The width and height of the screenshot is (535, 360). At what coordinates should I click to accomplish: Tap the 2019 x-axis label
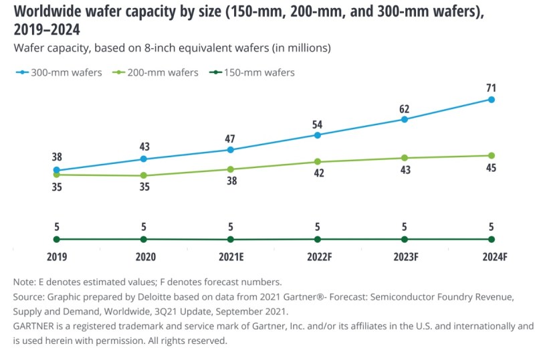pos(56,256)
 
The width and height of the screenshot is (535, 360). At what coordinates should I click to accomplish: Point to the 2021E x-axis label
pos(230,256)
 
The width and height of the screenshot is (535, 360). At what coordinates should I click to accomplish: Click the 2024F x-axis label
pos(491,256)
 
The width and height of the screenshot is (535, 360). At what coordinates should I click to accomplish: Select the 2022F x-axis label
pos(317,256)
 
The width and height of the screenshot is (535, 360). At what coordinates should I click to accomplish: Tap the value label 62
pos(404,109)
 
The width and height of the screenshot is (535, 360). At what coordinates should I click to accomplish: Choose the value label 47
pos(230,139)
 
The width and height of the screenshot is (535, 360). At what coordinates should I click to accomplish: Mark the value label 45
pos(491,167)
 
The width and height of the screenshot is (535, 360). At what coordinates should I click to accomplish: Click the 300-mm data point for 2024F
pos(492,100)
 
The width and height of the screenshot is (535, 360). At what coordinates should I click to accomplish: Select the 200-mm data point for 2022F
pos(318,162)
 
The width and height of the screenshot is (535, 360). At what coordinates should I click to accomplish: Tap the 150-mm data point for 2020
pos(143,239)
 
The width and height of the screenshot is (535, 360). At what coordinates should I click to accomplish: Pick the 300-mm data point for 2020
pos(143,159)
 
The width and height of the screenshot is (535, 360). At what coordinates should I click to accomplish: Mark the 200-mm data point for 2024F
pos(492,156)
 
